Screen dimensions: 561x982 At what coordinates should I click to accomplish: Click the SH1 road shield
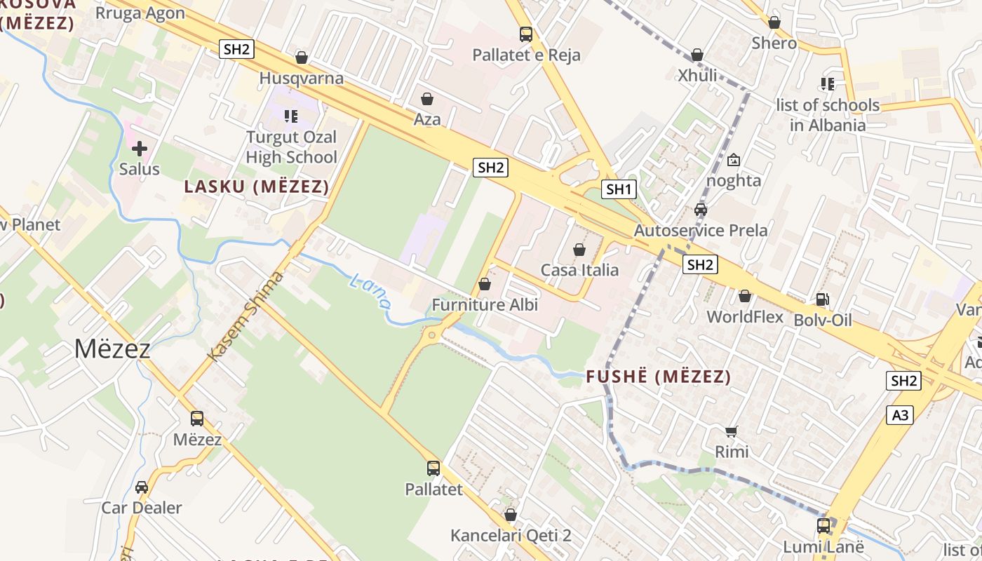[x=619, y=189]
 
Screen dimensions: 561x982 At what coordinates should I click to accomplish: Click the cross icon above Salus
[x=140, y=149]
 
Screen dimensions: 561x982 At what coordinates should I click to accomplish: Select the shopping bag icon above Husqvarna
[x=302, y=58]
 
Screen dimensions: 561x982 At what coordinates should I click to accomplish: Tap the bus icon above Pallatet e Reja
[x=526, y=34]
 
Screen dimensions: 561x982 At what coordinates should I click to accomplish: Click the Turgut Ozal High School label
[x=291, y=147]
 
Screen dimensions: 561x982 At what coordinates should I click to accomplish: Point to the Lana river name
[x=370, y=291]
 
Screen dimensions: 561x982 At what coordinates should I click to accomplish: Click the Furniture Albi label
[x=485, y=305]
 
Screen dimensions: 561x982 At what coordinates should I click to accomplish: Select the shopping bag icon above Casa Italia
[x=579, y=250]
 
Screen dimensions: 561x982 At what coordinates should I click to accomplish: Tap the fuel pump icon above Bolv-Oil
[x=823, y=299]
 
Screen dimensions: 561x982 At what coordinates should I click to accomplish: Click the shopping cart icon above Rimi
[x=732, y=431]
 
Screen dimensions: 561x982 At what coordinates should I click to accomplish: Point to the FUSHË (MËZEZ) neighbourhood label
[x=658, y=377]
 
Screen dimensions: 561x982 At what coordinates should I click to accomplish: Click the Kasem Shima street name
[x=247, y=316]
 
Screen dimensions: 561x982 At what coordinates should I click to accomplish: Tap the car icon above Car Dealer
[x=142, y=487]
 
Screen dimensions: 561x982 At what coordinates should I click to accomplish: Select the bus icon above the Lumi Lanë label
[x=823, y=525]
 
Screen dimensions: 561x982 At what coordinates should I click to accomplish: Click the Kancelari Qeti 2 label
[x=511, y=536]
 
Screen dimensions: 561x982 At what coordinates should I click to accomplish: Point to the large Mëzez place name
[x=112, y=349]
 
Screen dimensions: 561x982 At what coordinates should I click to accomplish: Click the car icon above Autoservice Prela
[x=701, y=210]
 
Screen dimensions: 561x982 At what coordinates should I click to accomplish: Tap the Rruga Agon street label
[x=140, y=13]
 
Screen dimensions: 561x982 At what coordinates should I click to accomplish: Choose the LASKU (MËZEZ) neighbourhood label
[x=257, y=187]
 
